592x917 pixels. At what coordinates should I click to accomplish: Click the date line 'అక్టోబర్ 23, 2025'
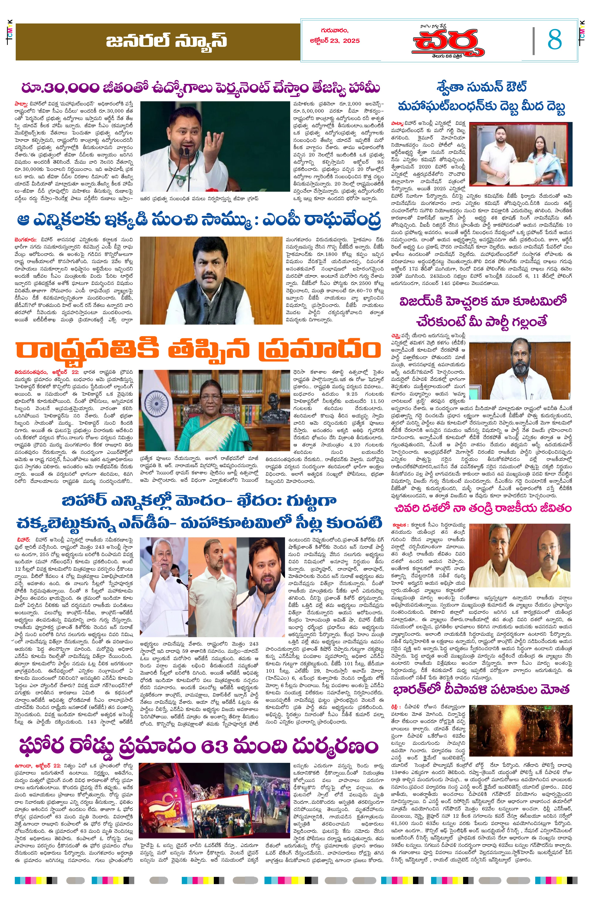point(334,41)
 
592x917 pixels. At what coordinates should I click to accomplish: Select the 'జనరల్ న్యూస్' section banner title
point(166,41)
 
